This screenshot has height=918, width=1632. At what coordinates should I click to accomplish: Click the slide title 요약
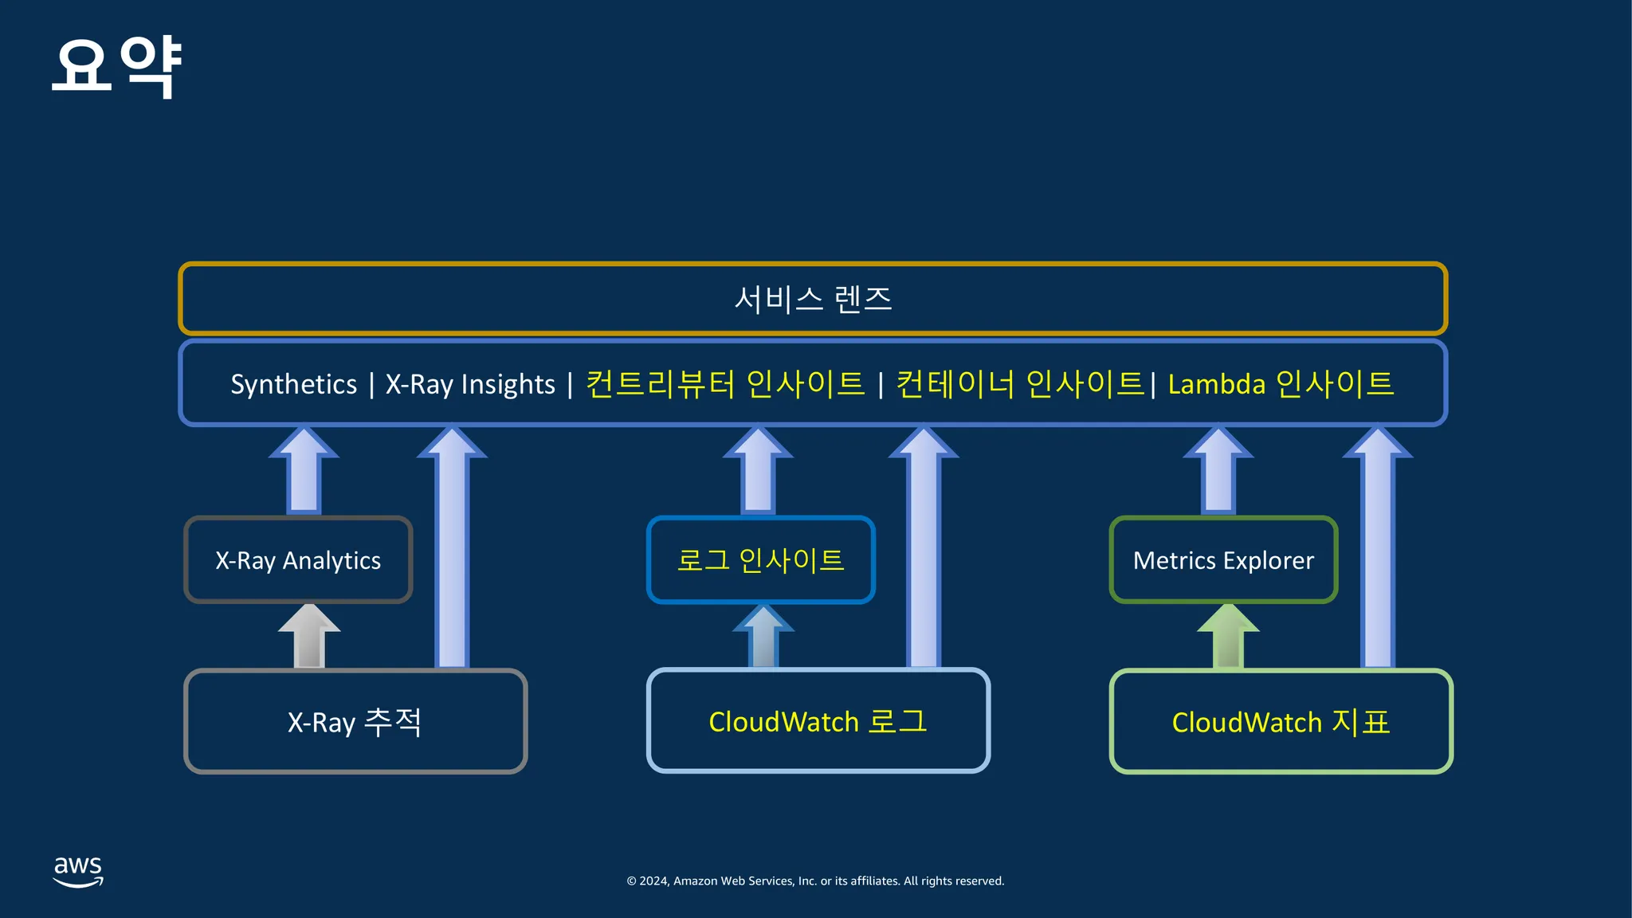(x=117, y=67)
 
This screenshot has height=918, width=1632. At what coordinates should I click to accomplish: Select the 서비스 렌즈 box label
(x=813, y=300)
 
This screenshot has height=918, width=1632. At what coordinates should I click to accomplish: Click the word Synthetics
(x=294, y=385)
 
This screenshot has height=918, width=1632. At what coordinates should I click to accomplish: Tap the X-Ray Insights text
(x=470, y=384)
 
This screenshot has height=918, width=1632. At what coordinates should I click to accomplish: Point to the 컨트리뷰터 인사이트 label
(x=725, y=384)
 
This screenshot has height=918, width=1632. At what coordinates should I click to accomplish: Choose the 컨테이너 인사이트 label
(x=1021, y=384)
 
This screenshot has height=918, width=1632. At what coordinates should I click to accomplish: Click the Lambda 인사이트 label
(x=1281, y=384)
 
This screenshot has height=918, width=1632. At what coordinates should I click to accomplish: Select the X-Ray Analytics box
(x=298, y=559)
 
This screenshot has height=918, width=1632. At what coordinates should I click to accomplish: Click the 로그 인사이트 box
(x=761, y=559)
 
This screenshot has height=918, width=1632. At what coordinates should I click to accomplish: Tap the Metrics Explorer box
(x=1223, y=559)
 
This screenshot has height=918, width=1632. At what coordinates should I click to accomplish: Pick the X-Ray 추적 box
(x=355, y=721)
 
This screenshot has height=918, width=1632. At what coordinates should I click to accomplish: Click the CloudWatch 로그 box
(x=818, y=721)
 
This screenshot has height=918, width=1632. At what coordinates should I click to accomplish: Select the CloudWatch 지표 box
(x=1281, y=721)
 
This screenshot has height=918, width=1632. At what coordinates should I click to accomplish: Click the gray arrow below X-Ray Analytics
(x=309, y=636)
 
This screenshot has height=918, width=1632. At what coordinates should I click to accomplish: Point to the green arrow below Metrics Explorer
(x=1228, y=636)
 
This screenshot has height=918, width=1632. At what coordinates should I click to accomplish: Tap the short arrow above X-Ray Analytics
(x=304, y=470)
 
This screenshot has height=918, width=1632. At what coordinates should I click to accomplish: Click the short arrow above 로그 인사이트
(x=758, y=470)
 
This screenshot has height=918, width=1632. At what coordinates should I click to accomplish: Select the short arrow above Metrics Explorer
(x=1218, y=470)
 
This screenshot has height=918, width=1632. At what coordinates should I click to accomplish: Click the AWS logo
(x=78, y=872)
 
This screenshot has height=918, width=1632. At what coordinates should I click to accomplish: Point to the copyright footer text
(x=815, y=881)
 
